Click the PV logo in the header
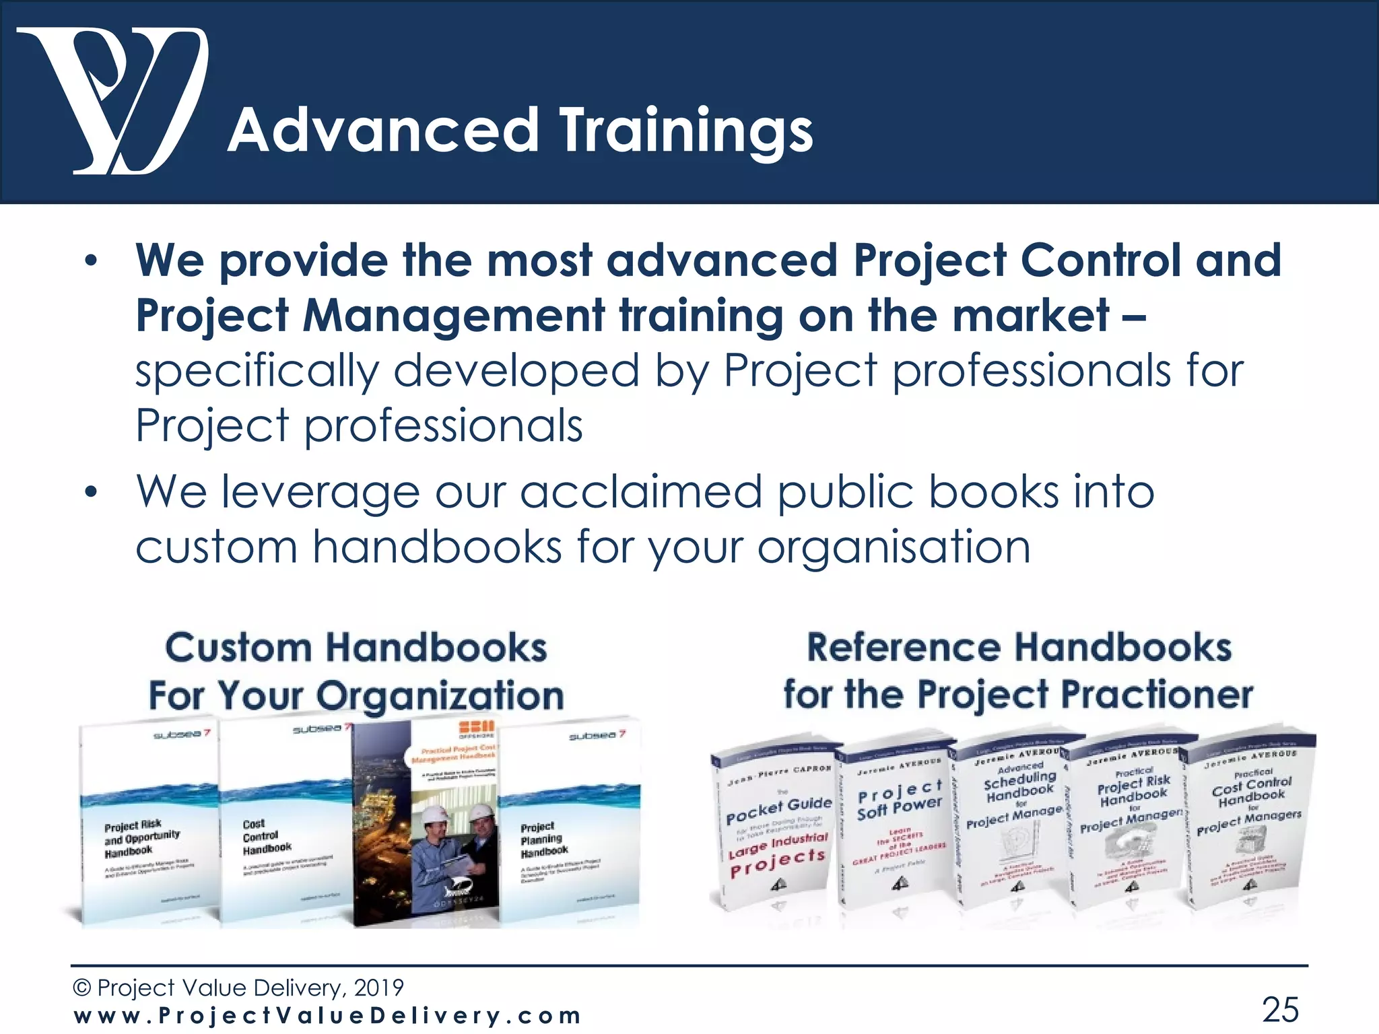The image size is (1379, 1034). point(111,101)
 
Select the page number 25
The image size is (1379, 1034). point(1279,1009)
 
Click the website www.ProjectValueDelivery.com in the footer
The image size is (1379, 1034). point(327,1015)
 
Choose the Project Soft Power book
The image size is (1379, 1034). point(896,821)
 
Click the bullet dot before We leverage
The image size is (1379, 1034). point(92,492)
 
